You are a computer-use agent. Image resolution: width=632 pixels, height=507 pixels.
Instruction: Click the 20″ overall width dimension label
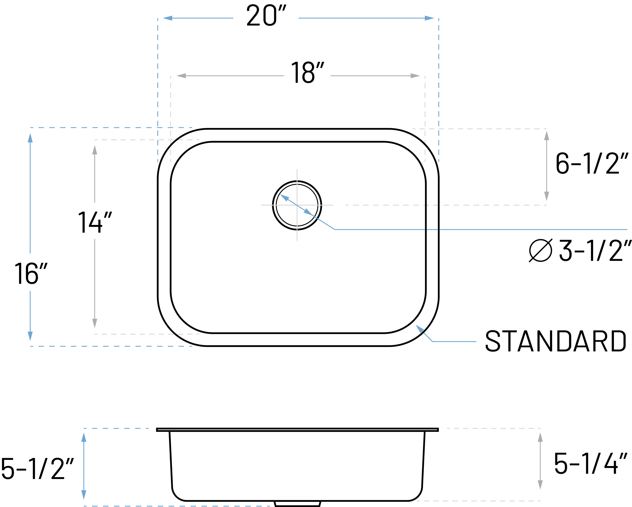pos(266,15)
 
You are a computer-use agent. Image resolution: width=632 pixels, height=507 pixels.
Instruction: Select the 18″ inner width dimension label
pos(307,72)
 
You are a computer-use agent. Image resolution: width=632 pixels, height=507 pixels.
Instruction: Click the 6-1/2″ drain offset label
pos(591,163)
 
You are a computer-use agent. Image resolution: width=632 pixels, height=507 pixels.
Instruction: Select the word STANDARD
pos(555,341)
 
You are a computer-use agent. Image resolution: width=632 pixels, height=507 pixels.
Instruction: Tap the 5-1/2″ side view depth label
pos(37,469)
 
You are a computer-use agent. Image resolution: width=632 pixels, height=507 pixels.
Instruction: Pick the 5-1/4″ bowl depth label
pos(590,463)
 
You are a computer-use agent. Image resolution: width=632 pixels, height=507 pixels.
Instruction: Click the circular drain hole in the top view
pos(297,205)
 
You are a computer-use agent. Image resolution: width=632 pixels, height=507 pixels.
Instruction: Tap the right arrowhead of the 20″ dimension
pos(429,18)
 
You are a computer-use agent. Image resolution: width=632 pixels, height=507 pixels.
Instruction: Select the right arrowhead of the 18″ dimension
pos(415,76)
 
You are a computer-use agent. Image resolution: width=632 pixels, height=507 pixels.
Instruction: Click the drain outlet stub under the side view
pos(297,504)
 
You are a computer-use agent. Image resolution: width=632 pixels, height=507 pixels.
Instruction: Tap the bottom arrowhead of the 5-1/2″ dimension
pos(84,494)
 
